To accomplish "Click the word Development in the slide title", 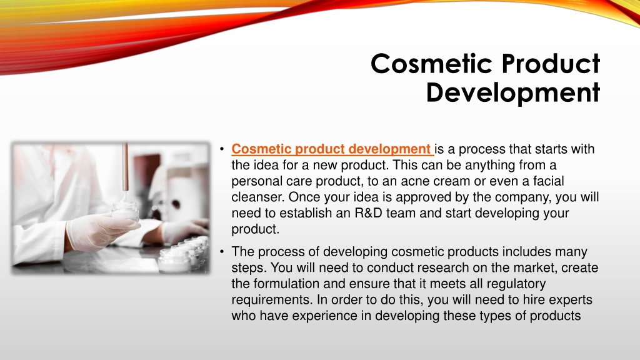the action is pos(513,92).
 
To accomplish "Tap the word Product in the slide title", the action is pos(551,64).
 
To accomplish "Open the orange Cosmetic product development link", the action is pos(331,149).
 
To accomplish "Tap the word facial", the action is pos(547,181).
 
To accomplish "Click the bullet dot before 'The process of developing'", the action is pos(222,252).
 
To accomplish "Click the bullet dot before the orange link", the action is pos(222,149).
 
